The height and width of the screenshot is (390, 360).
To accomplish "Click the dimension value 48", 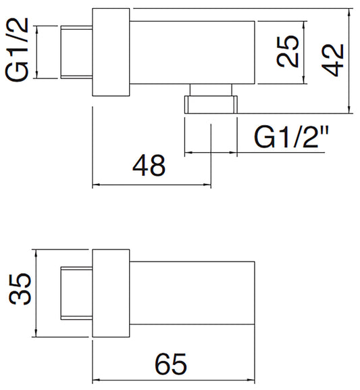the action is coord(149,165).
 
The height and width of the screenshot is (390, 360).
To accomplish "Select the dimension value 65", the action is coord(171,364).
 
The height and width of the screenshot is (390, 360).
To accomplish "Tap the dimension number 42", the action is coord(333,60).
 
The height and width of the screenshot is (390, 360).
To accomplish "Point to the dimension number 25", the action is coord(288,51).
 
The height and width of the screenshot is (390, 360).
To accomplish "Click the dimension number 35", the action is coord(20,289).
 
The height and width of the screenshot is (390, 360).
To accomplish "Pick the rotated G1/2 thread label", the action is coord(17,49).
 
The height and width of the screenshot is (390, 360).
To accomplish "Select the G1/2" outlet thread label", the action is coord(291,137).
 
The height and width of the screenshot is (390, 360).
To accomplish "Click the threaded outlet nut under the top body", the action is coord(211,105).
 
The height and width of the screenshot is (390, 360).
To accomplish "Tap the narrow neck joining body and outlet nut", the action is coord(211,90).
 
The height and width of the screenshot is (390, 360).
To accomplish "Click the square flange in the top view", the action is coord(111,52).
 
